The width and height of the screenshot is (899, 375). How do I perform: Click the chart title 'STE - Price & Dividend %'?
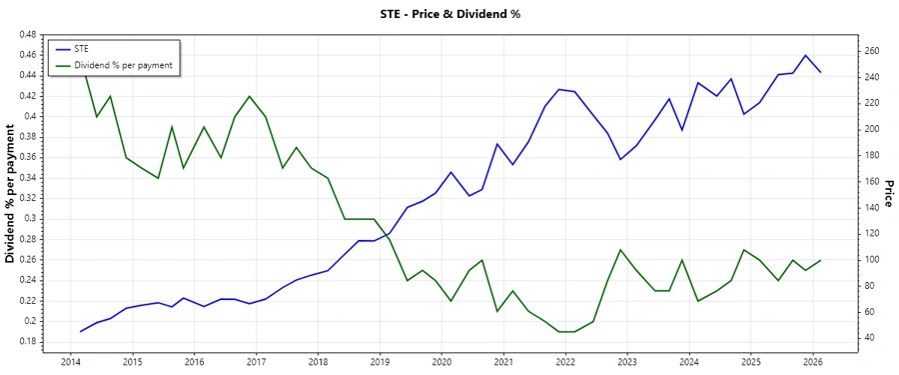coord(449,13)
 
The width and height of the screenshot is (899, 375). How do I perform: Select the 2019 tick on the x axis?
coord(380,361)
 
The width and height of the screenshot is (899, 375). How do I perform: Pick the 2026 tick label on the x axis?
coord(813,361)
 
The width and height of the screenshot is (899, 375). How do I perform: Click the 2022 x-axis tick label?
coord(565,361)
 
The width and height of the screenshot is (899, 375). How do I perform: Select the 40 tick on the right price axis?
coord(866,337)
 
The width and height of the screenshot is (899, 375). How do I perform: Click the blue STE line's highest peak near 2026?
coord(806,55)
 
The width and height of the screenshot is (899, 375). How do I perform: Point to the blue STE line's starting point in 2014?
coord(81,331)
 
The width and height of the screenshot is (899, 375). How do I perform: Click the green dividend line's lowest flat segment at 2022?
coord(566,331)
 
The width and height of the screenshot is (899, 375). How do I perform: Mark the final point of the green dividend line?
coord(821,260)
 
